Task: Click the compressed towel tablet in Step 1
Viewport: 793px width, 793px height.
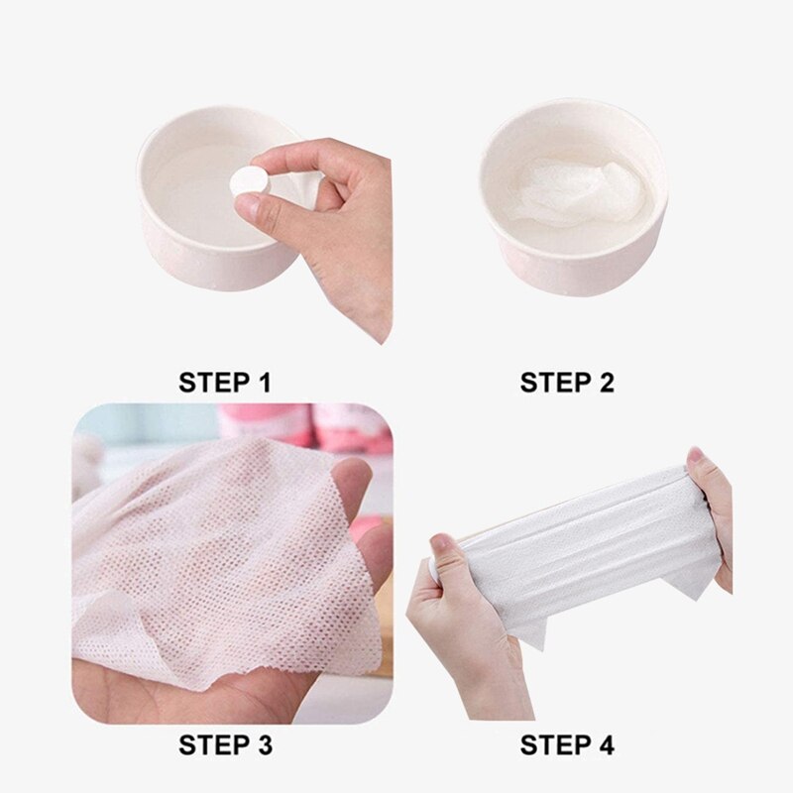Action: pos(250,181)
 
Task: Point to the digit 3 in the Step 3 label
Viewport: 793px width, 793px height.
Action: pos(263,745)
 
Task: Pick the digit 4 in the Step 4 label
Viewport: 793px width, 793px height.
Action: pos(605,745)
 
